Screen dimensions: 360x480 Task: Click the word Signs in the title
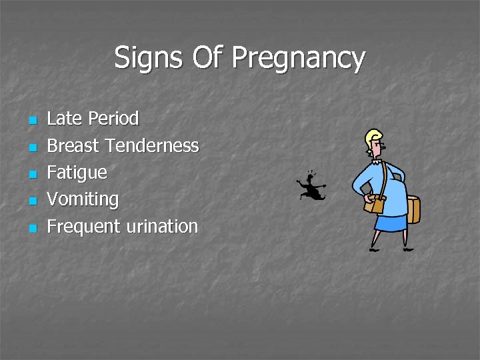pos(149,58)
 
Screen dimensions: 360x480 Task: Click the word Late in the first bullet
pos(65,119)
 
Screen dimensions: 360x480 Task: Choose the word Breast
pos(73,145)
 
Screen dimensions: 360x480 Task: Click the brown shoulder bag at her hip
pos(375,203)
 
